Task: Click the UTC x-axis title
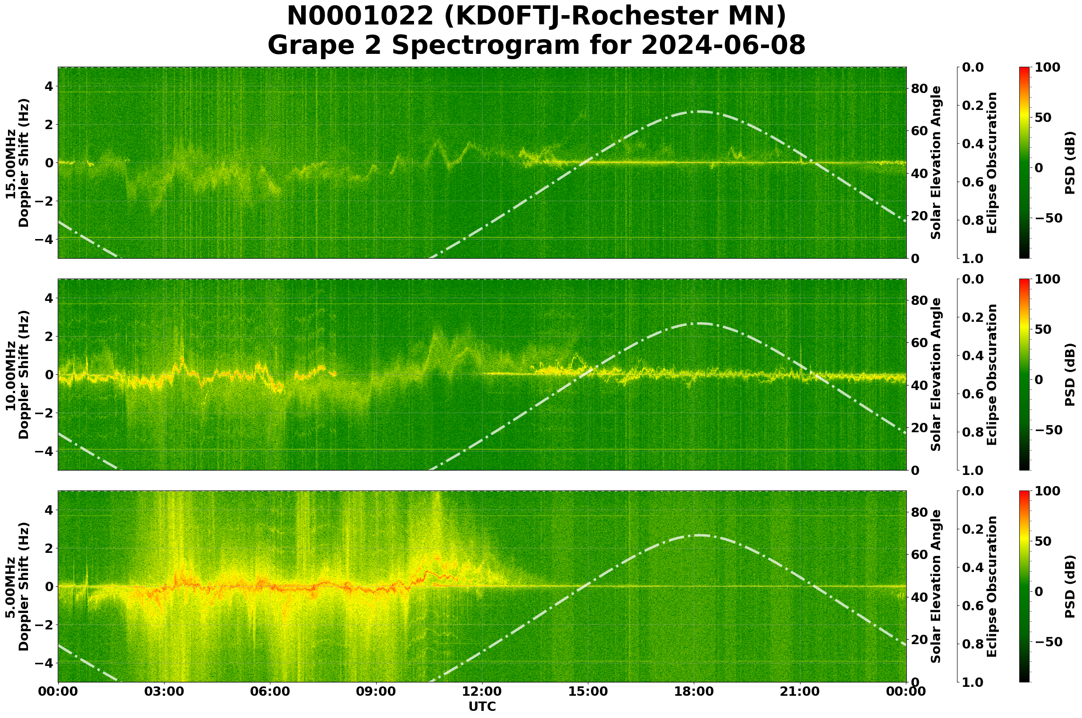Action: pos(482,706)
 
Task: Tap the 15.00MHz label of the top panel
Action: pos(10,163)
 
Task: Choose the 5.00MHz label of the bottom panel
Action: pos(10,587)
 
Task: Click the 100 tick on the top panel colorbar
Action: pos(1048,68)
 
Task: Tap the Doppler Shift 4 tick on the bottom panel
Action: pos(48,510)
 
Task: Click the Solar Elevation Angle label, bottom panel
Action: pos(936,587)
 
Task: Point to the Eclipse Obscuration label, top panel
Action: pos(992,163)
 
